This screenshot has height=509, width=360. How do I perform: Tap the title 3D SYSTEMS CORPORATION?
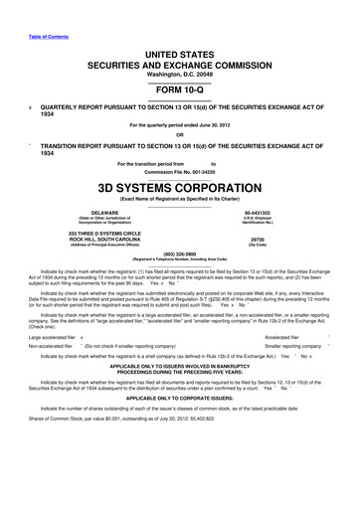coord(179,186)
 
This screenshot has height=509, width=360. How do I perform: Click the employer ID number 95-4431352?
coord(285,212)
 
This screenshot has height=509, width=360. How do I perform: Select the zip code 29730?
coord(286,240)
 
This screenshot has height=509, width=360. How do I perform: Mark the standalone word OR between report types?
coord(179,135)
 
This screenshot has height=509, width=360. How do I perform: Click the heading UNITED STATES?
coord(179,36)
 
